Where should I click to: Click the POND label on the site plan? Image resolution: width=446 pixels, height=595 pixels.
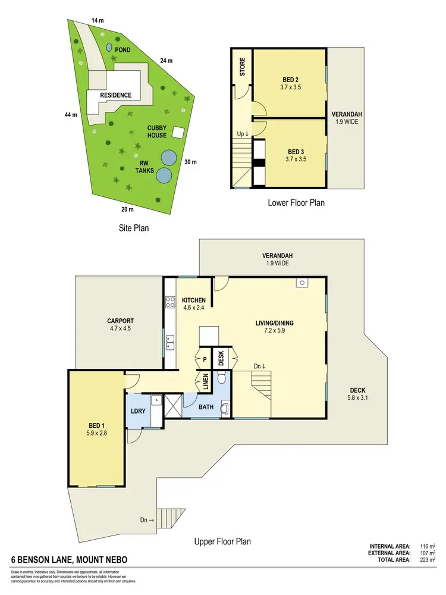(123, 50)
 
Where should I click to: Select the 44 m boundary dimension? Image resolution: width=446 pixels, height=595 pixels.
(71, 115)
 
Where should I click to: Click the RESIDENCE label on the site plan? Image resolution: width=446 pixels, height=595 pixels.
(115, 95)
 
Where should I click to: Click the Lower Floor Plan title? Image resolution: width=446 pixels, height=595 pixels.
(296, 202)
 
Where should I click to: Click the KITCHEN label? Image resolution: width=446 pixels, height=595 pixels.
(194, 300)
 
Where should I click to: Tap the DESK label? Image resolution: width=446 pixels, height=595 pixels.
(221, 358)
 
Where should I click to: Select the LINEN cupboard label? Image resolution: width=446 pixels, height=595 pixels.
(205, 380)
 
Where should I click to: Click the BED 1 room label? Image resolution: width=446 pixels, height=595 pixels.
(96, 425)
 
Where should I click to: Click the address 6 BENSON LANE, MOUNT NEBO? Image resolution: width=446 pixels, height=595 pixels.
(70, 560)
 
